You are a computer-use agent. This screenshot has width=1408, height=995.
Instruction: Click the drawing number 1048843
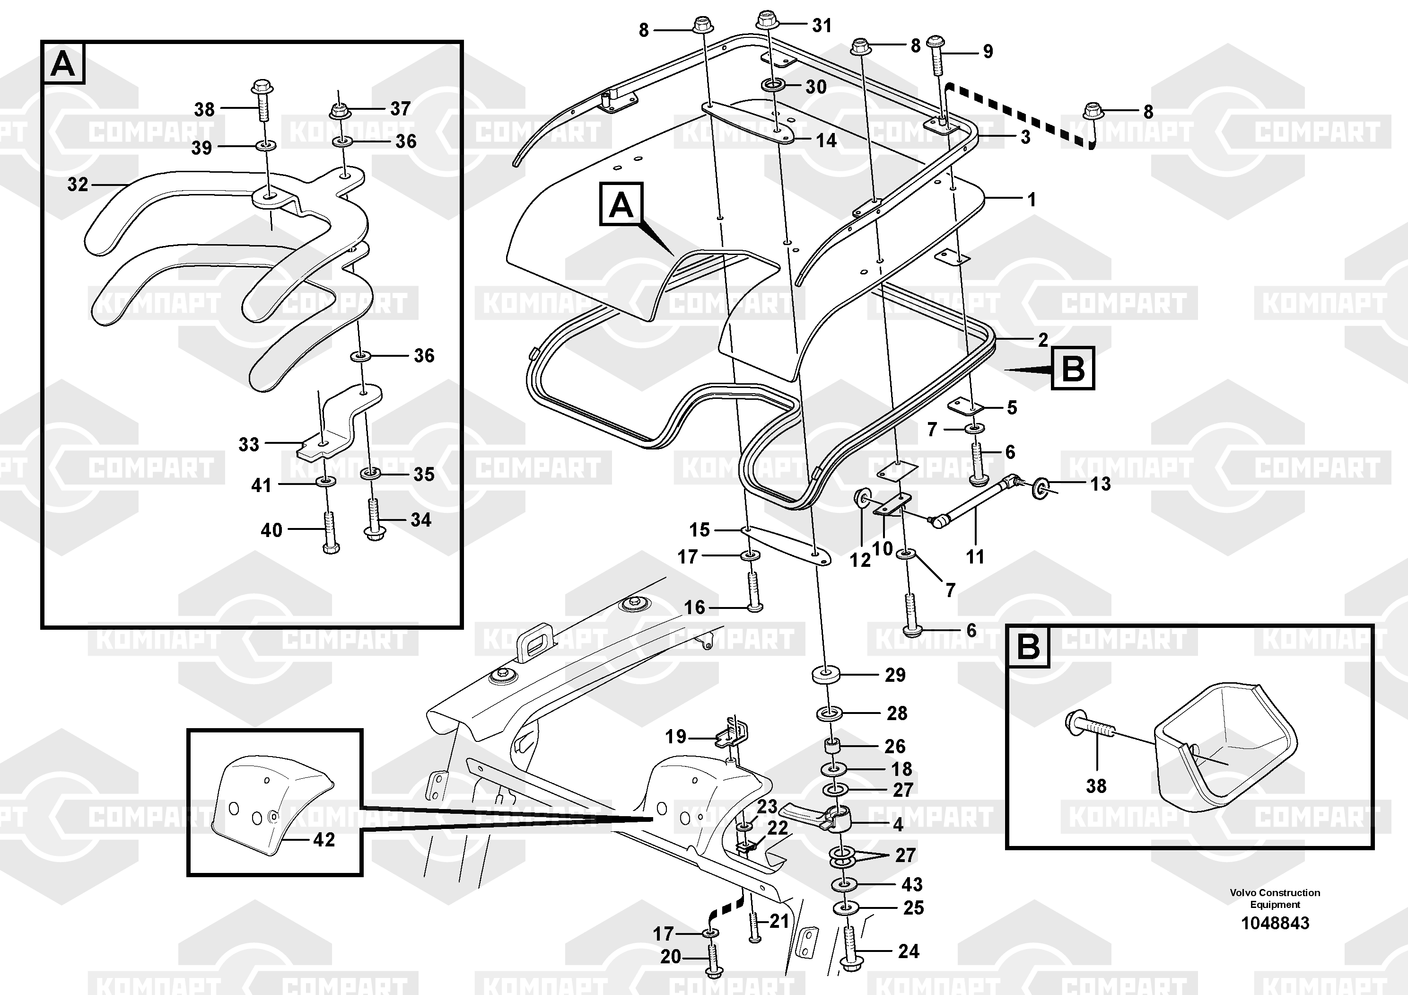coord(1275,923)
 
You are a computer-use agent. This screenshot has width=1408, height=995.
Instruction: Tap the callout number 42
coord(324,839)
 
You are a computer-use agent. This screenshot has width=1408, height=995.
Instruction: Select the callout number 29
coord(895,675)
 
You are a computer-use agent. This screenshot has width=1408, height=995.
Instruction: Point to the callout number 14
coord(826,141)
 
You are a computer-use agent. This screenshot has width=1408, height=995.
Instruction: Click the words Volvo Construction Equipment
coord(1275,898)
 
